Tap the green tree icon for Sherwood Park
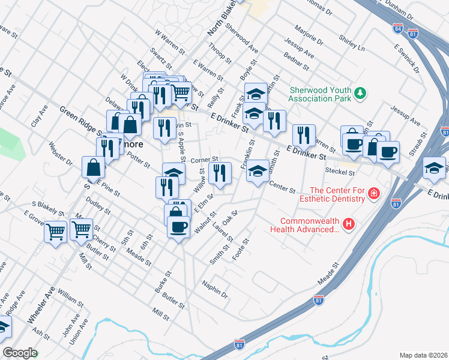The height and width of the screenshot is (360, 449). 360,93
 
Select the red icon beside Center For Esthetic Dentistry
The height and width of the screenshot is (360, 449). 375,194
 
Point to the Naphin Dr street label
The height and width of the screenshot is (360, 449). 215,290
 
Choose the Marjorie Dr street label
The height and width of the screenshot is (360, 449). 309,35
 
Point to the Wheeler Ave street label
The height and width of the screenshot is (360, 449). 40,305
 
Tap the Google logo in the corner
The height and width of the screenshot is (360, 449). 20,353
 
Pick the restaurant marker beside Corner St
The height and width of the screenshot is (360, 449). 220,173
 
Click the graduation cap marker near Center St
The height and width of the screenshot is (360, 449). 258,172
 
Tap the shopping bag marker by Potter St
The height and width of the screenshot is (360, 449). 94,168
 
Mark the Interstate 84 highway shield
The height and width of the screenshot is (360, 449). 399,28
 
